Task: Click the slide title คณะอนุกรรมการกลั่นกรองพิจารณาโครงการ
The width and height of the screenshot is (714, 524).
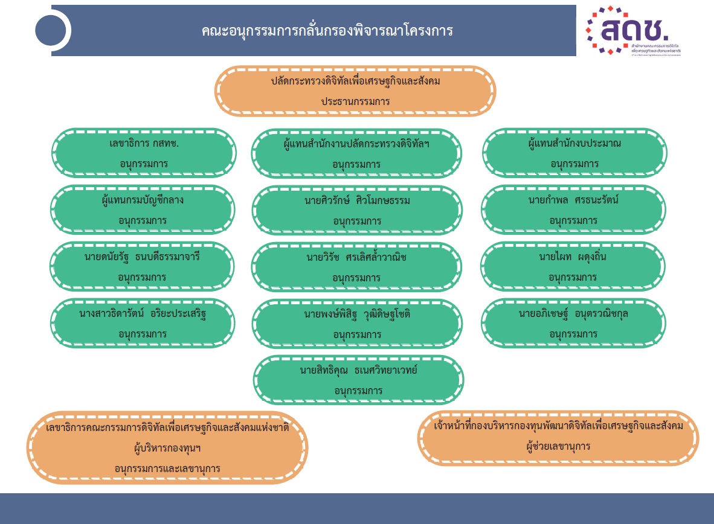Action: [327, 31]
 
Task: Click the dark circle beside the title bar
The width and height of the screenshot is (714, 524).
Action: [53, 30]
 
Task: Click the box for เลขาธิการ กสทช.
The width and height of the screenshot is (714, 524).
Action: [144, 153]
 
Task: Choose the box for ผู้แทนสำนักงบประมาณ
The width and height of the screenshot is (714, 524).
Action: [574, 153]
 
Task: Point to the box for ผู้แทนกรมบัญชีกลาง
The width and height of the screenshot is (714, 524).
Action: [143, 209]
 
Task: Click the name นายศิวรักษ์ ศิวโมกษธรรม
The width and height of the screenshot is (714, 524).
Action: [357, 200]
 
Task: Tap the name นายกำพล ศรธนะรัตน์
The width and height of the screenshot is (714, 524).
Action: [574, 200]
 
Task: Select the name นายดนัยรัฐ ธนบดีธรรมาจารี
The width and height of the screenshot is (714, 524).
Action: [142, 257]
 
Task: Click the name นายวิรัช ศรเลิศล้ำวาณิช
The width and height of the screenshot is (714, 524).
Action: [356, 258]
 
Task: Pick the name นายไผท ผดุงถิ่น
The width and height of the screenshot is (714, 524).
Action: [573, 257]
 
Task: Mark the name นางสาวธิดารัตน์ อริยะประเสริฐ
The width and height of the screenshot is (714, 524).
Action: [143, 314]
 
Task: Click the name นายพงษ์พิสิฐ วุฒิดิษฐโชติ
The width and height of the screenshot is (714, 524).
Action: [357, 315]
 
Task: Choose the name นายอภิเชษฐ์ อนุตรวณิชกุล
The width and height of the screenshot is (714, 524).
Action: [573, 314]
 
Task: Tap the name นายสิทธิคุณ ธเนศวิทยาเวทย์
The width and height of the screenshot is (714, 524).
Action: [358, 370]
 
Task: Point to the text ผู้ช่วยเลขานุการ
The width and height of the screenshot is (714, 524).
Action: [558, 447]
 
